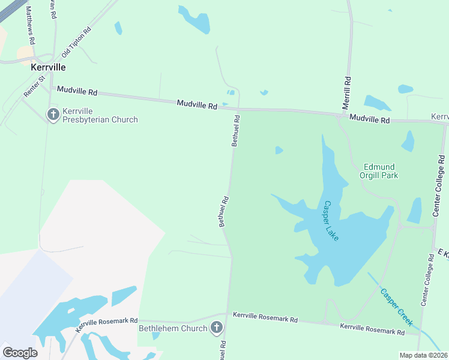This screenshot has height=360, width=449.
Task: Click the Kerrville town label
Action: (48, 68)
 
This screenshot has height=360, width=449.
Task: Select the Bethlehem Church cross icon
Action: (216, 328)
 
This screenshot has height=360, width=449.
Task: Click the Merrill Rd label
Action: (346, 92)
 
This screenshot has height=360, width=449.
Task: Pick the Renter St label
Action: (34, 86)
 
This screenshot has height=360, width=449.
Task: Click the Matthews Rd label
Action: (31, 23)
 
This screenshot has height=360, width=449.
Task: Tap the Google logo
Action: (20, 352)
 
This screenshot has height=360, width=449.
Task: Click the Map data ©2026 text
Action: (423, 355)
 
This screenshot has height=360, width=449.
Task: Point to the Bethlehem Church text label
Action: (173, 328)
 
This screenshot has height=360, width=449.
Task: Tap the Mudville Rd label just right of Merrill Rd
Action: (370, 119)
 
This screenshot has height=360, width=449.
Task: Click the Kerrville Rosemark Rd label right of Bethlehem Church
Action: (265, 320)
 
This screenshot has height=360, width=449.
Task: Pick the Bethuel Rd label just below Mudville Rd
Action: (236, 130)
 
